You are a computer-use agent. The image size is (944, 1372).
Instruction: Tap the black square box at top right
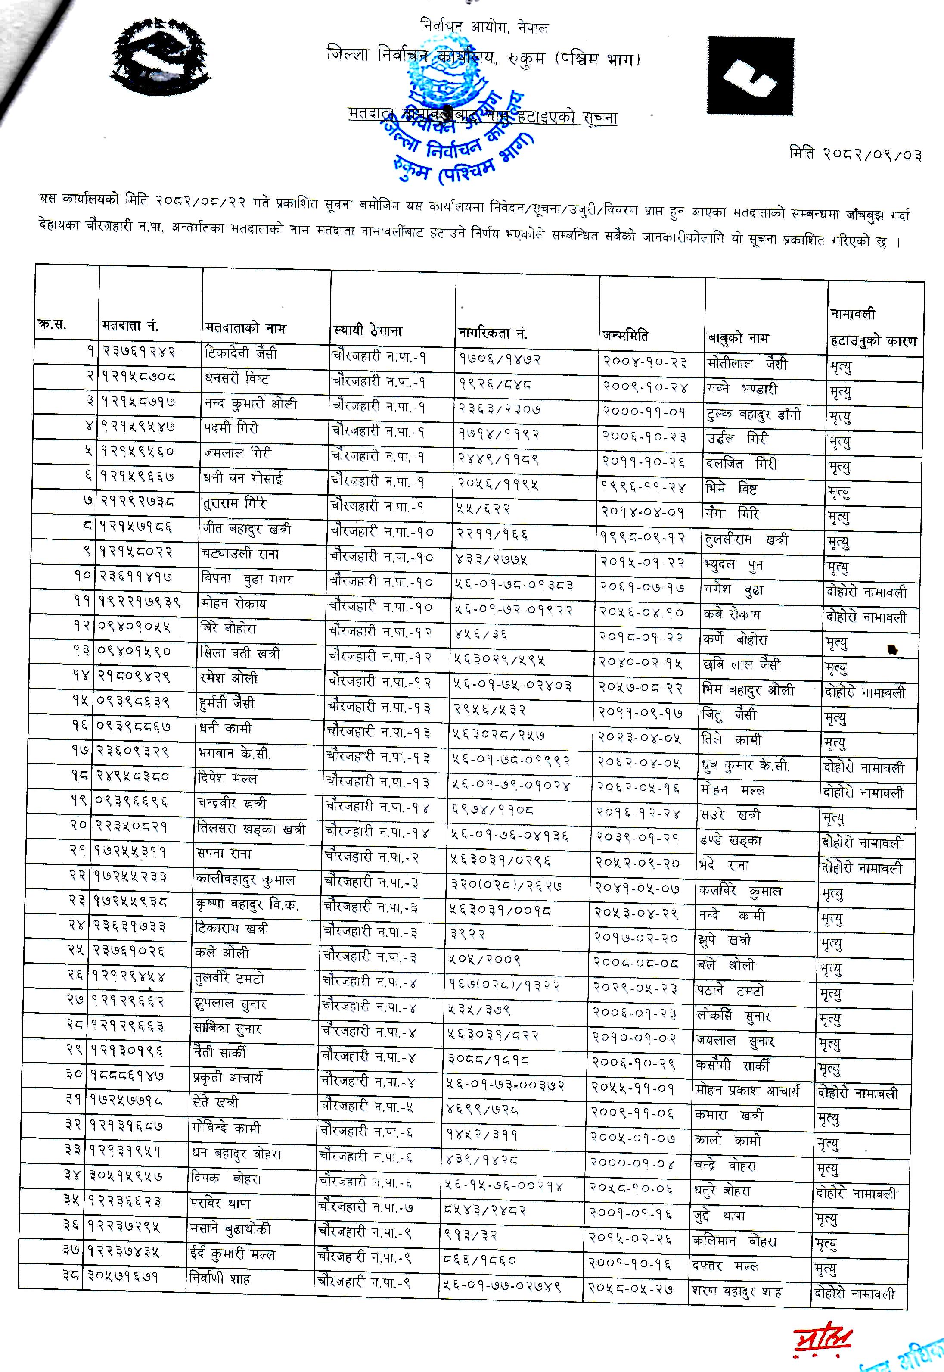(750, 75)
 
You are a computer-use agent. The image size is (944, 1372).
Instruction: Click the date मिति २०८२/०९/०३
(855, 154)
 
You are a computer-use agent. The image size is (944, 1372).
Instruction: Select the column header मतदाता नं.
(130, 325)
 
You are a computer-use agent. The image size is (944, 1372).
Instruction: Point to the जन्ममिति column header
(625, 335)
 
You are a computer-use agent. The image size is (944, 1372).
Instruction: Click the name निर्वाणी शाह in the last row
(220, 1278)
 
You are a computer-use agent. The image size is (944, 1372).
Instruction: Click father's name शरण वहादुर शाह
(736, 1291)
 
